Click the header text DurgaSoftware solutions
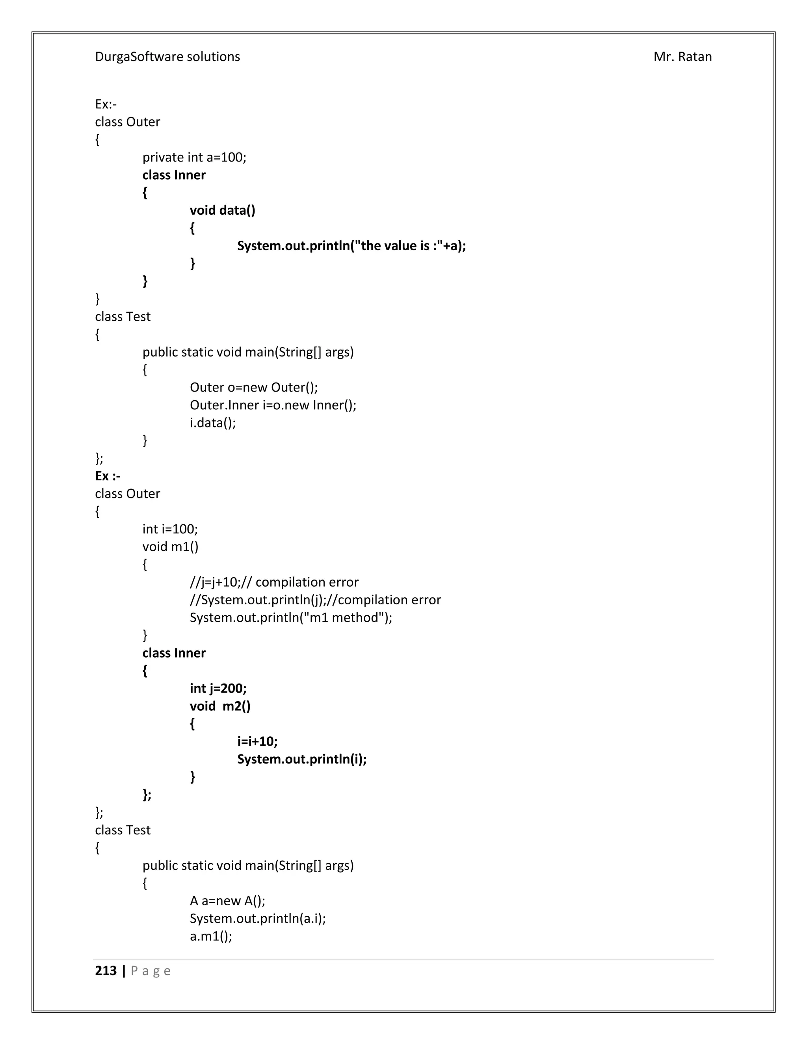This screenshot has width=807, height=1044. pos(167,57)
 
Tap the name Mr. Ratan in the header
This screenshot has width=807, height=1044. pos(682,57)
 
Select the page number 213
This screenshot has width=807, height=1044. pos(106,971)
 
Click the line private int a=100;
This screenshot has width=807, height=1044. pos(194,157)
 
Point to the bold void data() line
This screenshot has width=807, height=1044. pos(222,210)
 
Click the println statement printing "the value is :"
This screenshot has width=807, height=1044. pos(351,246)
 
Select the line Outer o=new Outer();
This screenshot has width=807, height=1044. pos(253,387)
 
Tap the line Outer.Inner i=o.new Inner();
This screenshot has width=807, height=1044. pos(273,405)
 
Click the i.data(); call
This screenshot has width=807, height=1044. pos(213,423)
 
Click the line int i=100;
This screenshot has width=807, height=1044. pos(170,529)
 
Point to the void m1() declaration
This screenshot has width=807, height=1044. pos(170,546)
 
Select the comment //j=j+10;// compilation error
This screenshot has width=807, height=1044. pos(274,582)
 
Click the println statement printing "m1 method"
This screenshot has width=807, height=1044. pos(291,618)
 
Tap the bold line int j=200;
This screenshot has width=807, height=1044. pos(218,688)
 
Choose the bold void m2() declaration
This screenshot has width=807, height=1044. pos(220,706)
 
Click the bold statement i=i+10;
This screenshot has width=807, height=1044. pos(257,741)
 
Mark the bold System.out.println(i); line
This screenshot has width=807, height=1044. pos(302,759)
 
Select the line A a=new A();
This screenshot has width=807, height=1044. pos(227,901)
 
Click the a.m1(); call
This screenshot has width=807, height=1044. pos(211,936)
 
